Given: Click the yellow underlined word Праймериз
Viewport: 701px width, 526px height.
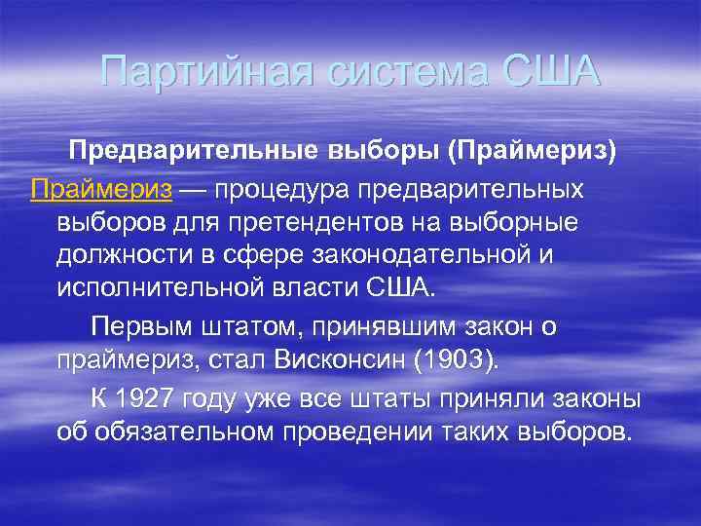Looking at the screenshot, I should (x=101, y=188).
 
